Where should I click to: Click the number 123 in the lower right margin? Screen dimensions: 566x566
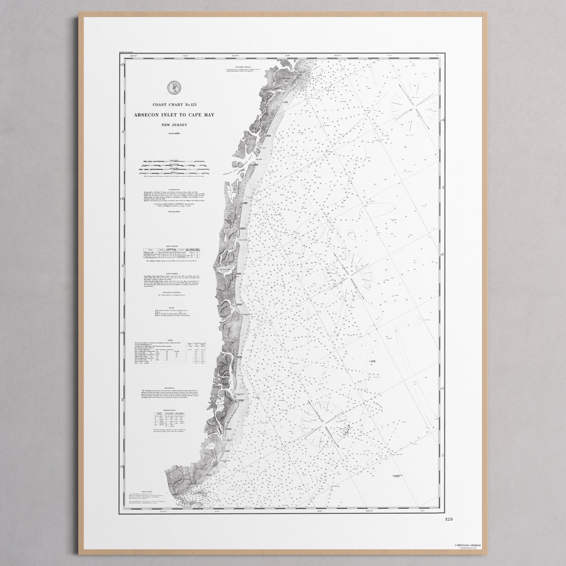(449, 519)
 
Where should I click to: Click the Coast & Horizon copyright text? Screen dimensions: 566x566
(468, 545)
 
